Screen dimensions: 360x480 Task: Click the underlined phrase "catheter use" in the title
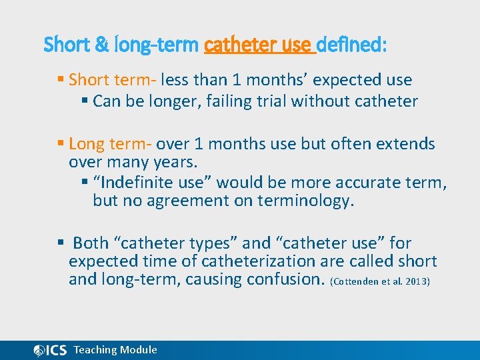pos(258,45)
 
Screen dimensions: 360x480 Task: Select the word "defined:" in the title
pos(351,45)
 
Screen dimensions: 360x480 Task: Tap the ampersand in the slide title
pos(103,45)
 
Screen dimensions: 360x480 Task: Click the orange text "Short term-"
pos(112,80)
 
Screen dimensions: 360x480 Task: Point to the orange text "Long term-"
pos(111,144)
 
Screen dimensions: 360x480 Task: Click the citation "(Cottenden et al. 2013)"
pos(380,281)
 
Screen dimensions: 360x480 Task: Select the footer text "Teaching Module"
pos(115,350)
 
